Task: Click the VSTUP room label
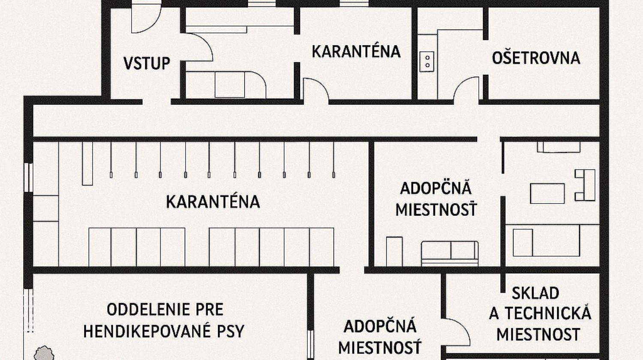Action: [x=147, y=63]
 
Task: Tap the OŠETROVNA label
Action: [x=536, y=58]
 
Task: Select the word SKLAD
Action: [x=535, y=293]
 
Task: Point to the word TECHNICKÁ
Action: [x=548, y=313]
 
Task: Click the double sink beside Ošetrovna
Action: [x=427, y=61]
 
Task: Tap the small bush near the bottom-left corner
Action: [x=44, y=353]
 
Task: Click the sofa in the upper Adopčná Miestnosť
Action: [x=450, y=253]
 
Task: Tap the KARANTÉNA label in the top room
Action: [x=356, y=51]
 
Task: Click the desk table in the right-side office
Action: [x=547, y=193]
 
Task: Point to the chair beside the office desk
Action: [x=585, y=185]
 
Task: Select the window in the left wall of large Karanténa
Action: [x=28, y=177]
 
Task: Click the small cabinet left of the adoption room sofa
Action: [x=394, y=252]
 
